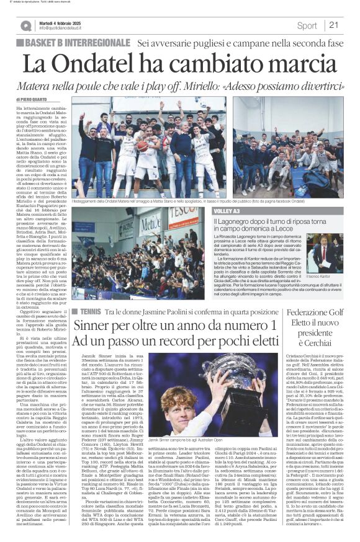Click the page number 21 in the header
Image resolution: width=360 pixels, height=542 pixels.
point(333,25)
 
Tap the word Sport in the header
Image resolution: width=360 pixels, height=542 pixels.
point(307,25)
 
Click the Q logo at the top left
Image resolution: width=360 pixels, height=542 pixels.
point(25,25)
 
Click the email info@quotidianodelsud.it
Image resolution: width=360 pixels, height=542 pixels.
point(66,29)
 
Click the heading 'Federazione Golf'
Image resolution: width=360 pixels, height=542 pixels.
point(318,313)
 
